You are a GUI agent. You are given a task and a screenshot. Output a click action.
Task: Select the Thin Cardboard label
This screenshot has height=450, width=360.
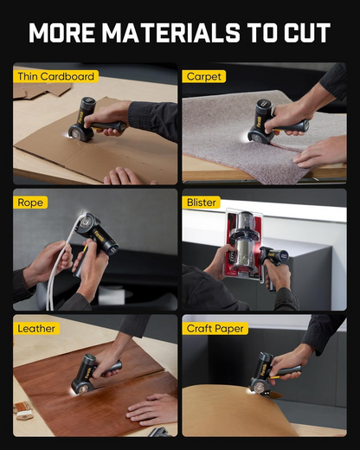55,76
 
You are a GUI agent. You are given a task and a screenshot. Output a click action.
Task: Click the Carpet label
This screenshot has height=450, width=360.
204,76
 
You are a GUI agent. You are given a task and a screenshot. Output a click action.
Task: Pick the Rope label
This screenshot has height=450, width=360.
30,202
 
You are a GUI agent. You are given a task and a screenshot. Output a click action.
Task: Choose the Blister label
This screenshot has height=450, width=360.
202,202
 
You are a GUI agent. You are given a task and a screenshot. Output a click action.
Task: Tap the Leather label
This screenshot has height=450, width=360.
36,328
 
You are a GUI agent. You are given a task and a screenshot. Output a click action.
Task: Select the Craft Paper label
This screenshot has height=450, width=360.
216,328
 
